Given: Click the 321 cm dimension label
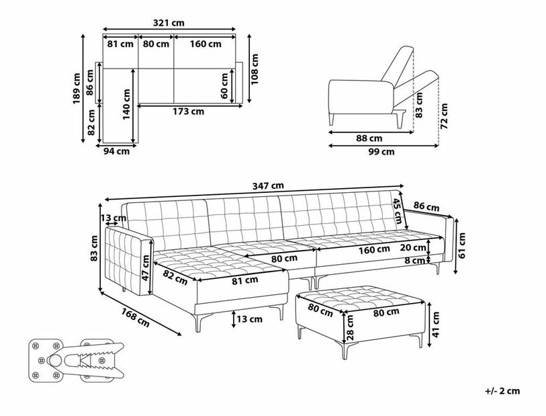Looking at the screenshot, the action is pos(169,23).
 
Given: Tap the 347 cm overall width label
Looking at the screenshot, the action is pos(268,185).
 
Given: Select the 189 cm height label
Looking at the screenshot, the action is pos(77,89).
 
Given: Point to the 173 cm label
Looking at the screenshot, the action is pos(189,112).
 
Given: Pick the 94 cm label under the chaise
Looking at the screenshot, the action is pos(117,151).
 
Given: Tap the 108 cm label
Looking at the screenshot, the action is pos(255,69).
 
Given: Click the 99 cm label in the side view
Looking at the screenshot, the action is pos(381,152).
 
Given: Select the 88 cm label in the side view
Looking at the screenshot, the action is pos(369,138).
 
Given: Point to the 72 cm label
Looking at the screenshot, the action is pos(444,116).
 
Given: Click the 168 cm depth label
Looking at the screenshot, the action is pos(136,318).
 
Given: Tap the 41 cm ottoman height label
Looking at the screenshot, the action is pos(436,325).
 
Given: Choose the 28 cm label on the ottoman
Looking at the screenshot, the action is pos(351,327).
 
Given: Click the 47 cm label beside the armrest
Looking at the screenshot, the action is pos(146,267).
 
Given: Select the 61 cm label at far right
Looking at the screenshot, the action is pos(462,245).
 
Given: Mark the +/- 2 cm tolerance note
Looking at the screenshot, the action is pos(502,391).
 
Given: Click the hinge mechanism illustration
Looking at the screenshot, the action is pos(76,360).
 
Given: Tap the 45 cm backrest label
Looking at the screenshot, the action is pos(398,212).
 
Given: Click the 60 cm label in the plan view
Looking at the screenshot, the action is pos(224,86).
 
